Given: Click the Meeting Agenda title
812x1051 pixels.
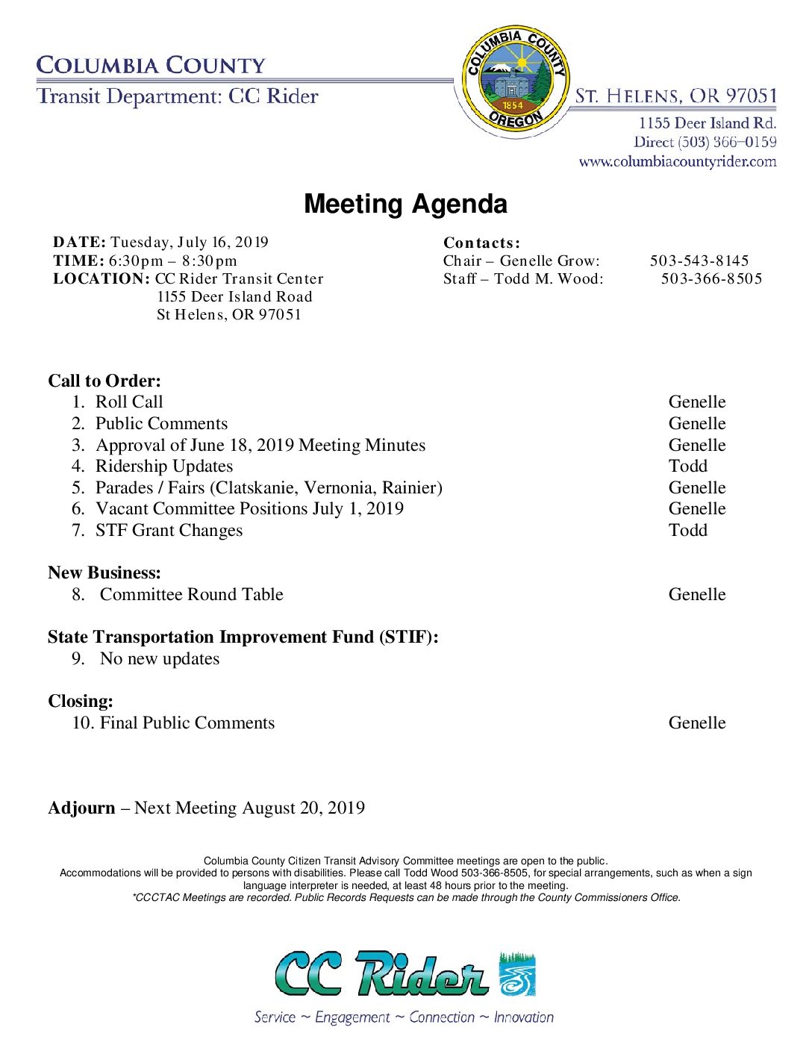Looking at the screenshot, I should [405, 204].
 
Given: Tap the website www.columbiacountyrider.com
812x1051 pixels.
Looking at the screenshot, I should [677, 161].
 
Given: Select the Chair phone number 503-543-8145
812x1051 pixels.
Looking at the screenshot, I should [699, 261].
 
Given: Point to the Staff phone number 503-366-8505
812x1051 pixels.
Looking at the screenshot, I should [711, 278].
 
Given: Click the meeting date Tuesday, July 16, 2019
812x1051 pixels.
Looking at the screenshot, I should [189, 242].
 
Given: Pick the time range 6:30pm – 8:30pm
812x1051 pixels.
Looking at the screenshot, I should [172, 261].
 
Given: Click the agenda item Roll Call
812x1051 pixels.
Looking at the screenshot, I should [129, 402].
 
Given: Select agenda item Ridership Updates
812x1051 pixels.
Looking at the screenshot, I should [164, 466].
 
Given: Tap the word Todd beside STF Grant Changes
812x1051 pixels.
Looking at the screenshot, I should [687, 530].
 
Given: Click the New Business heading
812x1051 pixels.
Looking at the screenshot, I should [104, 573].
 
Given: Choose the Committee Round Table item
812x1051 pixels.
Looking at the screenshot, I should [191, 594].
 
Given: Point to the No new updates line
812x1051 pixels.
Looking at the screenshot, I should [160, 658].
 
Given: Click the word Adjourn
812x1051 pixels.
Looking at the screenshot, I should [81, 808].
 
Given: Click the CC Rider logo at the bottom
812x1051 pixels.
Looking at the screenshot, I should [405, 974].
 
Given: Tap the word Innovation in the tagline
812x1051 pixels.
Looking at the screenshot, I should [523, 1017].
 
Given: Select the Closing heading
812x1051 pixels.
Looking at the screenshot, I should [81, 701].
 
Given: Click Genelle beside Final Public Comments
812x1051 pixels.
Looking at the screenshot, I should [696, 723].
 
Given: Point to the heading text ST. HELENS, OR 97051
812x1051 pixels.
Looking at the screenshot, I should [675, 96].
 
